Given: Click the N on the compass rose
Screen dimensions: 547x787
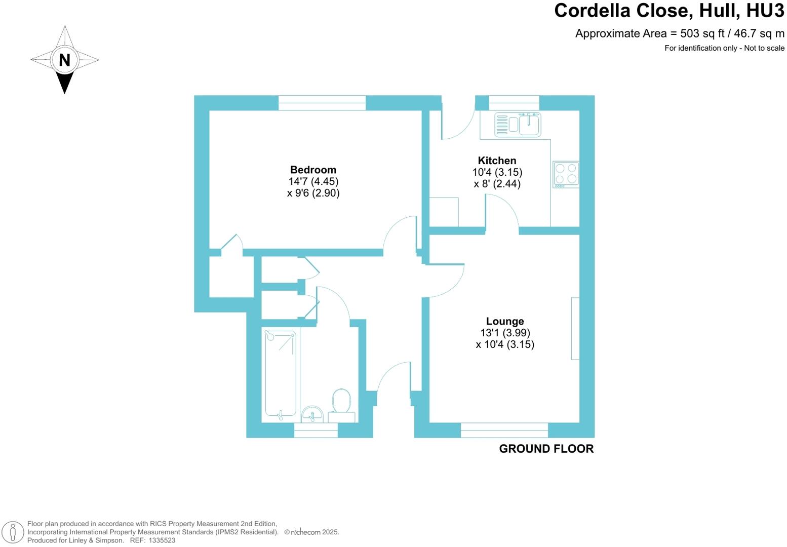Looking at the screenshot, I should tap(64, 60).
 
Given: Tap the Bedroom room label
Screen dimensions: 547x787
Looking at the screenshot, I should tap(313, 170).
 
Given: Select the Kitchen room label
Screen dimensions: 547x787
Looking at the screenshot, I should tap(497, 161).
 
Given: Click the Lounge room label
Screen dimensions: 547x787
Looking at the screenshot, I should tap(504, 321).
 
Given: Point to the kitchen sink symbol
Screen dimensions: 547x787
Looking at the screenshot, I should tap(518, 125).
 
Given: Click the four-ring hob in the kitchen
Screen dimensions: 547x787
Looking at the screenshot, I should tap(566, 174).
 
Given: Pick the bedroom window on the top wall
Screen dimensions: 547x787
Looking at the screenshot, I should tap(322, 103).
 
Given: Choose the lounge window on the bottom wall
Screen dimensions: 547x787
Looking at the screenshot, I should tap(504, 430).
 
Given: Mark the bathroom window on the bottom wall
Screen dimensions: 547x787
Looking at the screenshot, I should tap(316, 431).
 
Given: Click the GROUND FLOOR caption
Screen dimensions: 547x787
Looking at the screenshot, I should tap(546, 449).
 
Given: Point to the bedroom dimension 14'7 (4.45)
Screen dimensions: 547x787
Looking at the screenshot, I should tap(313, 181).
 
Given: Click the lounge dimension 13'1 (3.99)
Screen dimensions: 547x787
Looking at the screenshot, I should tap(505, 333).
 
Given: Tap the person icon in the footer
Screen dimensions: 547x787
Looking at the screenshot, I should tap(14, 532).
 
